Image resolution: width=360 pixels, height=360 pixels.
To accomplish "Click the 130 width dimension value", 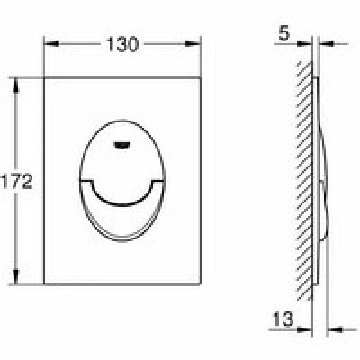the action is click(122, 44).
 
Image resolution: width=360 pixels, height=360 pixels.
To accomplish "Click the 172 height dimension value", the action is click(16, 182).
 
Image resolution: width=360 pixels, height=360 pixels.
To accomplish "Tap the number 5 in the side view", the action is click(284, 33).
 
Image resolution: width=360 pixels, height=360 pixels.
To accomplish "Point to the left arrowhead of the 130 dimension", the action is click(51, 44).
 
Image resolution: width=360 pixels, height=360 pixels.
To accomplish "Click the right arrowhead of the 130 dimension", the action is click(193, 44).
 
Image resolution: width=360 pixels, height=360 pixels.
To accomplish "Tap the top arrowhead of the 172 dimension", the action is click(16, 85).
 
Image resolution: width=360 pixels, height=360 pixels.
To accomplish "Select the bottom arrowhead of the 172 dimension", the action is click(16, 276).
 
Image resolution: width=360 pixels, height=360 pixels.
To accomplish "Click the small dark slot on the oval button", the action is click(122, 145).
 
